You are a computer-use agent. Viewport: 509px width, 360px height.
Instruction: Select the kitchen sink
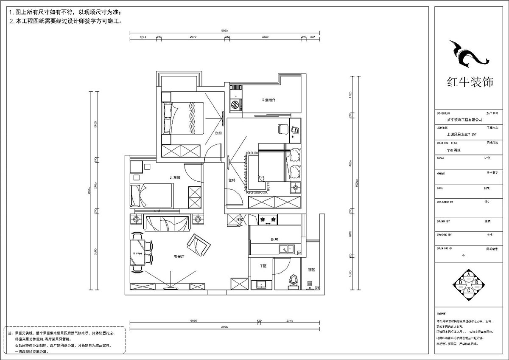coord(285,249)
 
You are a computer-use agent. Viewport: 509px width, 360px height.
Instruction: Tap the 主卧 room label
coord(232,180)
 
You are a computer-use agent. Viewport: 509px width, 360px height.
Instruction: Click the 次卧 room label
coord(218,133)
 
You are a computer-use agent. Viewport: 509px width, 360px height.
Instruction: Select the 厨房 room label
coord(274,239)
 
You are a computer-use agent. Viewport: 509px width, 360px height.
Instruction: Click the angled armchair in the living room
coord(199,245)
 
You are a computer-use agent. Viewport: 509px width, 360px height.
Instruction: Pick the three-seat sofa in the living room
coord(167,223)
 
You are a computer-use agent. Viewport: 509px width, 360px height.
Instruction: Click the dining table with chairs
coord(138,253)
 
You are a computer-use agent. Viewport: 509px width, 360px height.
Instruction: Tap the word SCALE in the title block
coord(440,158)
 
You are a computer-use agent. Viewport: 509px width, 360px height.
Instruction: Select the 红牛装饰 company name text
coord(470,82)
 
